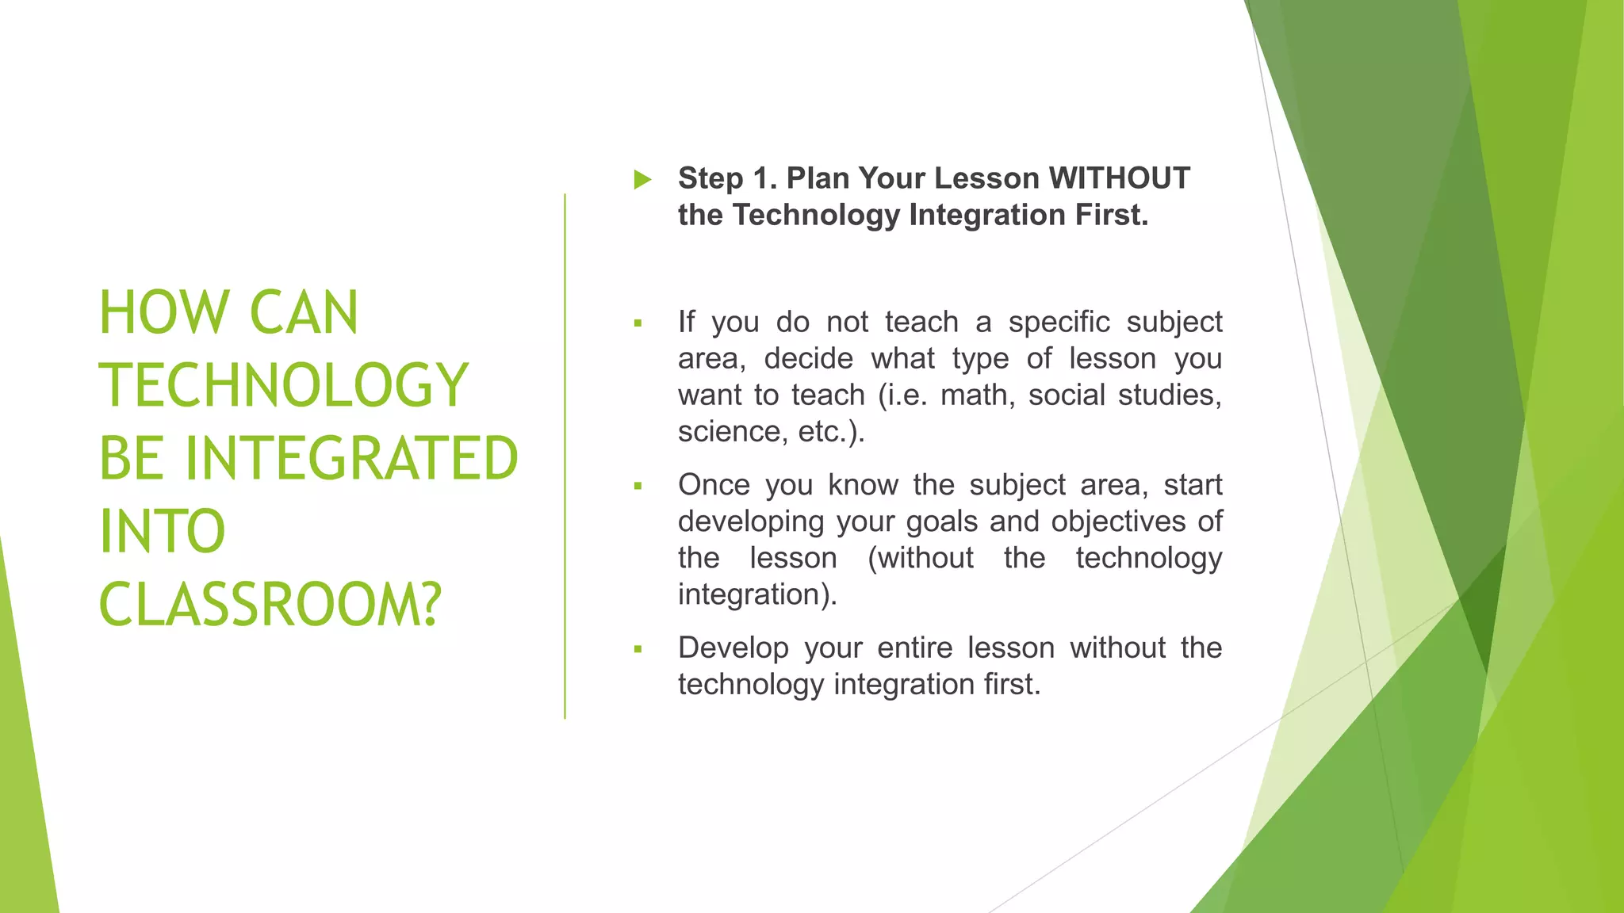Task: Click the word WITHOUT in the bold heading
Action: [1119, 178]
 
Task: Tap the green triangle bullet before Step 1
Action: [642, 180]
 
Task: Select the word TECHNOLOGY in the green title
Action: [284, 386]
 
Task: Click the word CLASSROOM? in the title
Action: [270, 605]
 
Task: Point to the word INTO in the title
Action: [163, 532]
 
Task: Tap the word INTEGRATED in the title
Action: [352, 459]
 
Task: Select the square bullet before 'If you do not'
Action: [638, 323]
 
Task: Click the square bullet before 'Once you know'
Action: [638, 486]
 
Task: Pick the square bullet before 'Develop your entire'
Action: [638, 649]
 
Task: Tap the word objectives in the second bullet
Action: [1119, 521]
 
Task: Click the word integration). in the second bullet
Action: [757, 594]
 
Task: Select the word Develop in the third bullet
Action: [733, 648]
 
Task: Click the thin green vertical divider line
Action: [565, 456]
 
